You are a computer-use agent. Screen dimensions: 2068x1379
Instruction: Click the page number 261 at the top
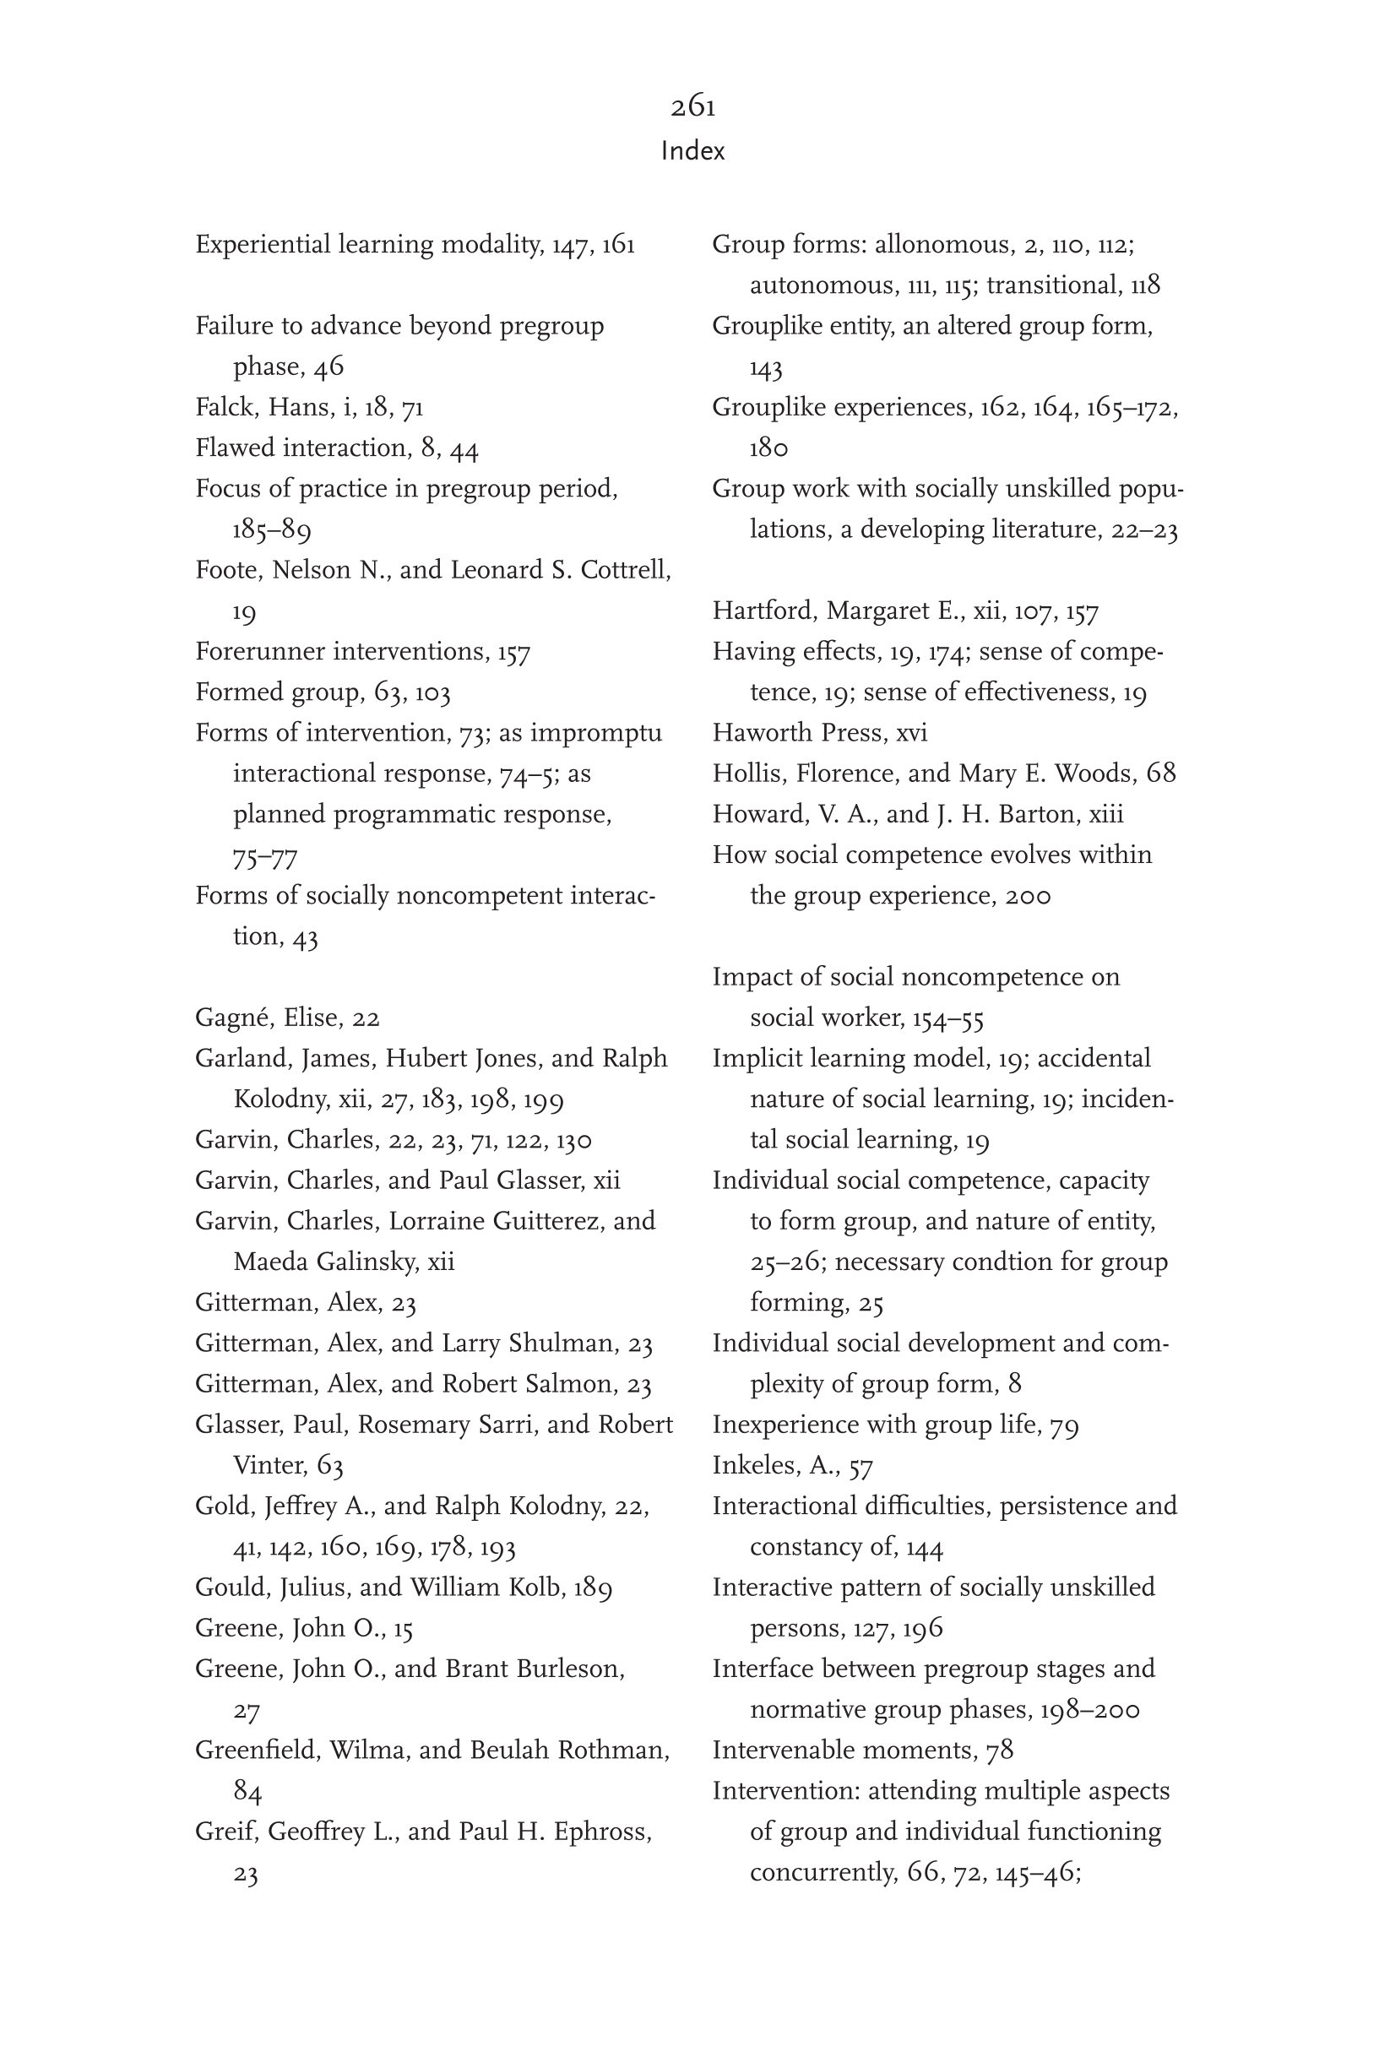click(x=693, y=106)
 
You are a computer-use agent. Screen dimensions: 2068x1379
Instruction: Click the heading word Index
click(x=693, y=151)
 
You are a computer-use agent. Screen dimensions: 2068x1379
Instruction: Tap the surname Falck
click(x=227, y=408)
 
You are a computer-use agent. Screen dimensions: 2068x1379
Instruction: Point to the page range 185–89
click(x=272, y=529)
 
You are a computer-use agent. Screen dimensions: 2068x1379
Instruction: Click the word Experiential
click(x=262, y=244)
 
